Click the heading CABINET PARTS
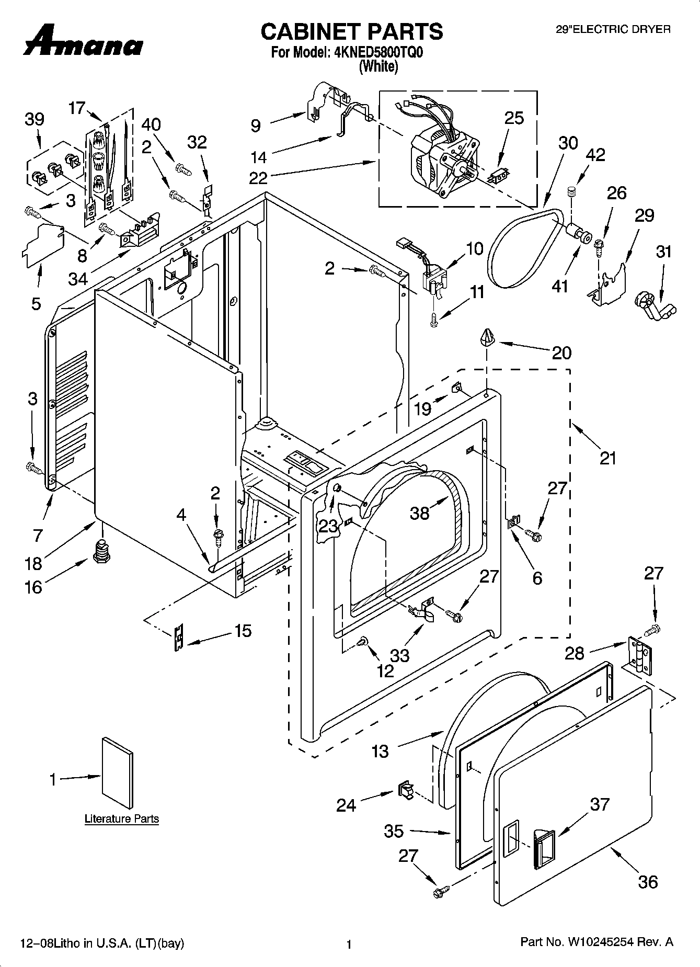click(x=351, y=31)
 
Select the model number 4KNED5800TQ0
click(x=377, y=53)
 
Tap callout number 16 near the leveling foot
click(x=33, y=587)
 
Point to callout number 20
click(x=561, y=353)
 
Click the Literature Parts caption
click(x=122, y=819)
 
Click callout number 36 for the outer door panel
click(x=648, y=882)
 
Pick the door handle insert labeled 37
click(x=543, y=848)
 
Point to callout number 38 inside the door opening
click(x=420, y=513)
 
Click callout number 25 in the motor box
click(x=514, y=118)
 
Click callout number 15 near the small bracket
click(x=243, y=631)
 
